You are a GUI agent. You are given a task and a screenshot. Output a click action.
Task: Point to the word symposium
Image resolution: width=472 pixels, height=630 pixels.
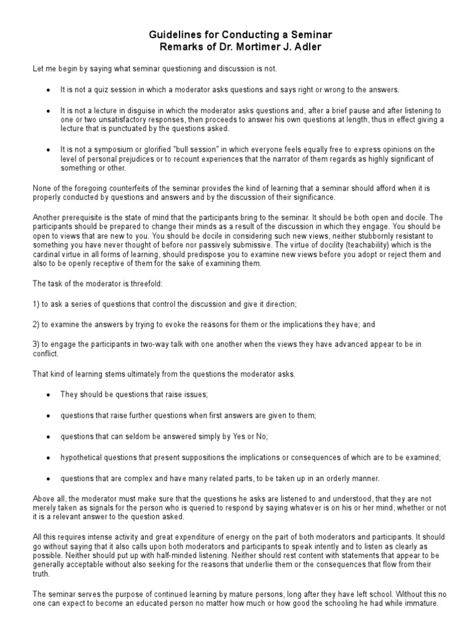(x=107, y=150)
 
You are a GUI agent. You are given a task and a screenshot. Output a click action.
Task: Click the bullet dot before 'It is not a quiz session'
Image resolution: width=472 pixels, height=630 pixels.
(x=49, y=90)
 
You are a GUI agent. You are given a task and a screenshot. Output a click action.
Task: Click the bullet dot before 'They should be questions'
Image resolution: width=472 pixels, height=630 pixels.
(x=49, y=394)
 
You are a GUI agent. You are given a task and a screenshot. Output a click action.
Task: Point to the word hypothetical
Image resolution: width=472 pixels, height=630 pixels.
(x=81, y=458)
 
